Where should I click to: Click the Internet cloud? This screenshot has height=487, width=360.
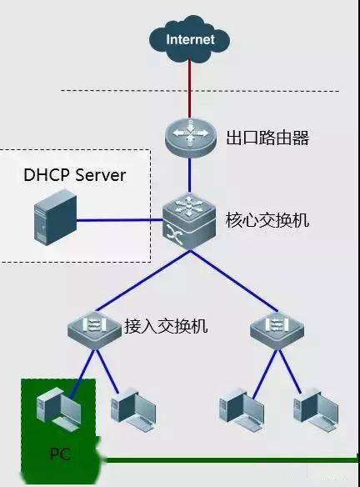point(190,39)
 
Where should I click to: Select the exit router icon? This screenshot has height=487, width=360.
point(190,135)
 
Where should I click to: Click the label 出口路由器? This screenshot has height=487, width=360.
point(267,138)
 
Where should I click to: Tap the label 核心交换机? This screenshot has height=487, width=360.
point(267,222)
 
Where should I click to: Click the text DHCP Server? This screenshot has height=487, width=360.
point(74,175)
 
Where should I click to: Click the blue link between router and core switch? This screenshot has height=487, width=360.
point(190,175)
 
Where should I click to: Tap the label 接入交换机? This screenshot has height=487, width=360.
point(165,326)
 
